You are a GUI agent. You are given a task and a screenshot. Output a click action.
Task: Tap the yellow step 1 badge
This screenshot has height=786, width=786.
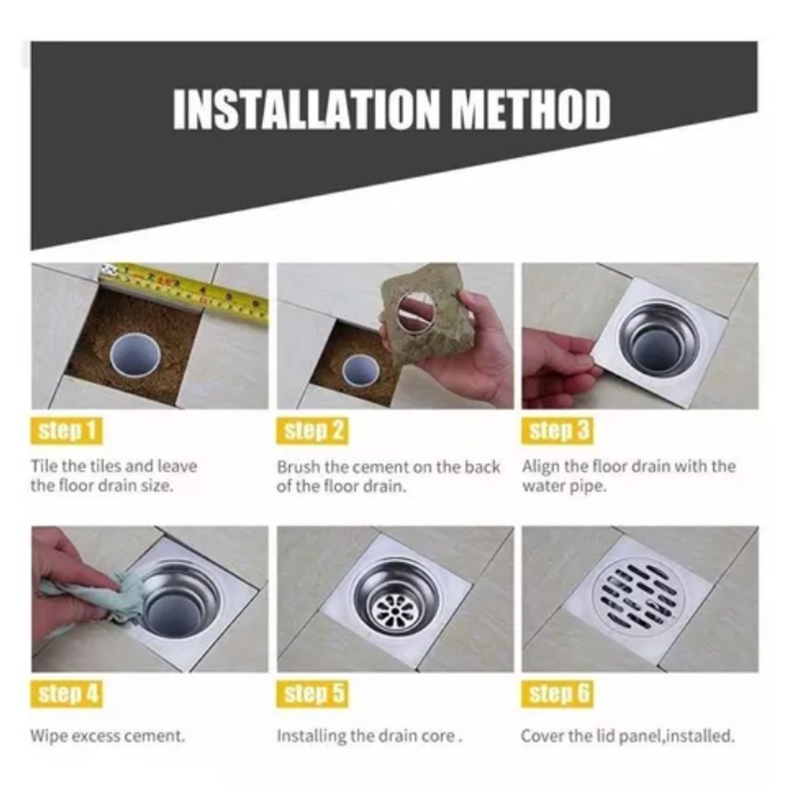click(67, 431)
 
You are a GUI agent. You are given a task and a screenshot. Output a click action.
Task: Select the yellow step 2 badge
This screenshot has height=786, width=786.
click(312, 431)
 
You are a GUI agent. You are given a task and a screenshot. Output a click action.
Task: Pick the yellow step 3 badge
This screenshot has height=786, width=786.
click(557, 431)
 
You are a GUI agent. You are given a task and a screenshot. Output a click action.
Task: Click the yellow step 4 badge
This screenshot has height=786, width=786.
click(67, 694)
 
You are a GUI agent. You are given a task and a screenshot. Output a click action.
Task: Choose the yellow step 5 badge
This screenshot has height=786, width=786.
click(312, 694)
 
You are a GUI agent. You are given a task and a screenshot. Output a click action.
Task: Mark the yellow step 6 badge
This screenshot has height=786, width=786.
click(557, 694)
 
